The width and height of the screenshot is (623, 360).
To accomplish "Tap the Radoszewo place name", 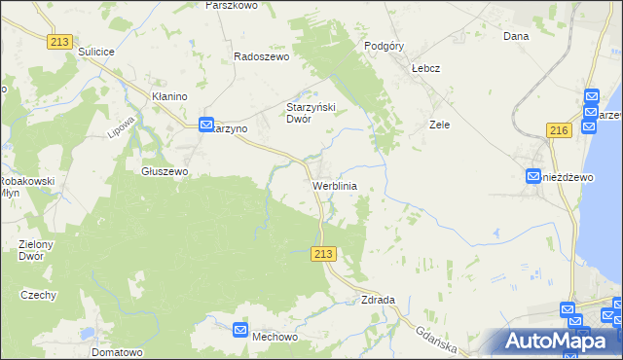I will (x=262, y=56).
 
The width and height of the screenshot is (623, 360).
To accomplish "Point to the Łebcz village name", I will (x=426, y=69).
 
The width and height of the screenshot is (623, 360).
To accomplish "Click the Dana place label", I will (x=515, y=36).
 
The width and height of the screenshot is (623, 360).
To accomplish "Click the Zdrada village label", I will (x=378, y=300).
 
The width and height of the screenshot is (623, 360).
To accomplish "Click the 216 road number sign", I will (x=559, y=129).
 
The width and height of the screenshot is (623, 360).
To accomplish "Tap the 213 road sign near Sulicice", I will (x=59, y=40).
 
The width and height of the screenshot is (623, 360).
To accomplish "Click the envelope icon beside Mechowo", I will (x=240, y=331).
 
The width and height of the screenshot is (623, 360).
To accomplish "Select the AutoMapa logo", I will (x=559, y=341).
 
